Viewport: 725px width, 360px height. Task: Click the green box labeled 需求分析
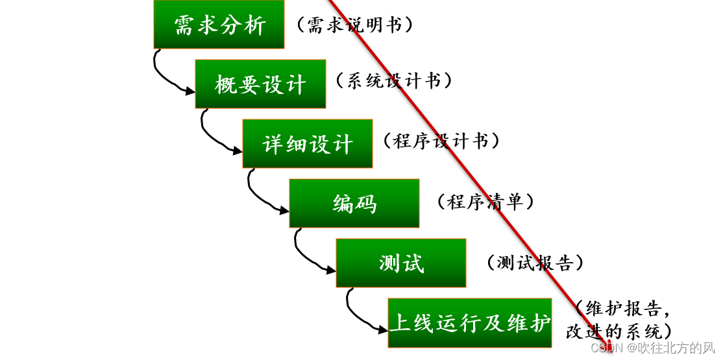click(219, 25)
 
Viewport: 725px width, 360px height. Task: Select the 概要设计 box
click(261, 84)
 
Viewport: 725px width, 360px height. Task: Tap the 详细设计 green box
click(308, 144)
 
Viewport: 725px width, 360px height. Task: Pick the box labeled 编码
click(354, 204)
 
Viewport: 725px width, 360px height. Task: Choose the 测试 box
click(401, 263)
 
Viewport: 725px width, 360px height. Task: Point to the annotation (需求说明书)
click(354, 25)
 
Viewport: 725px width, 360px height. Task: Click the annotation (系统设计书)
click(393, 80)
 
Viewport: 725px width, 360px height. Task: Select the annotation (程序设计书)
click(441, 141)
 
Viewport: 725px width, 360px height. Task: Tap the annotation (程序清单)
click(485, 201)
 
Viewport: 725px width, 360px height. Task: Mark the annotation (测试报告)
click(535, 262)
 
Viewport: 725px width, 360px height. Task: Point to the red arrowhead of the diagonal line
click(609, 344)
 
